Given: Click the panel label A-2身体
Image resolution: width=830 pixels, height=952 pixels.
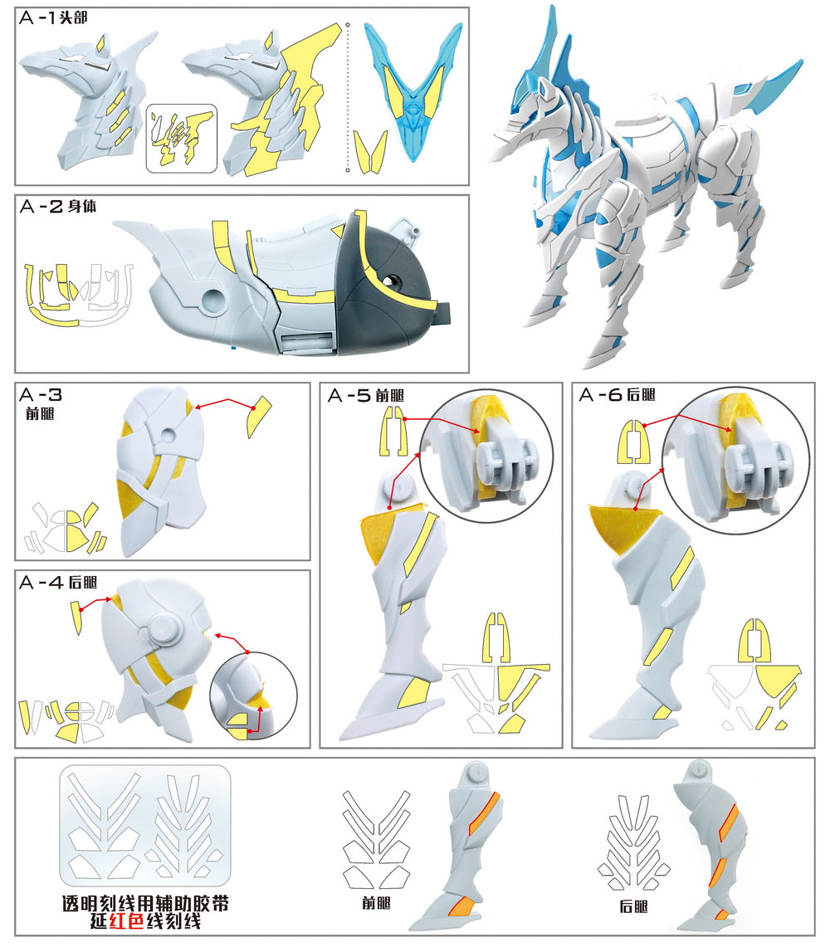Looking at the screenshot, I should (x=57, y=206).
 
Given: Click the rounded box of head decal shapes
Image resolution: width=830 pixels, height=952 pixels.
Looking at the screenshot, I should (x=181, y=138).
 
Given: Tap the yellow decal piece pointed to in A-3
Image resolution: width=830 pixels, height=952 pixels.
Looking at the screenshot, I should (x=259, y=415).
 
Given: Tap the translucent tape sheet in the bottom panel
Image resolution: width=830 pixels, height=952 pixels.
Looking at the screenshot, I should (x=144, y=825).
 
